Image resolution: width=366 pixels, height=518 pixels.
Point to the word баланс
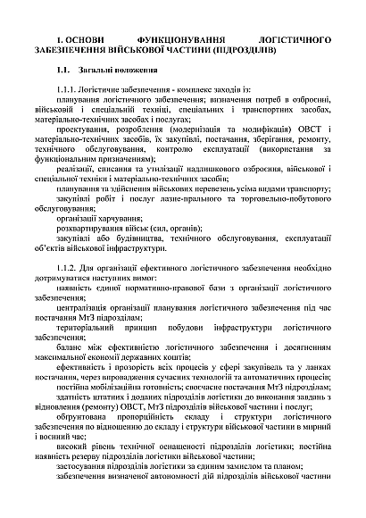tap(69, 382)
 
